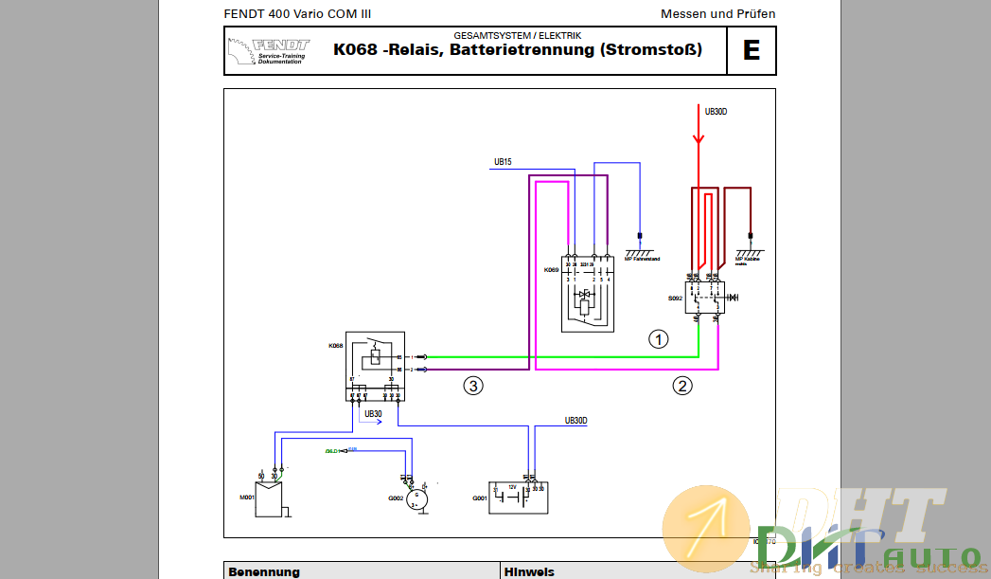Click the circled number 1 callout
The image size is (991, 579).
point(658,338)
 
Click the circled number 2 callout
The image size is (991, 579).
point(682,385)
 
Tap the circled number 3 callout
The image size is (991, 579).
point(473,385)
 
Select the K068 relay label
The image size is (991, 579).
point(336,346)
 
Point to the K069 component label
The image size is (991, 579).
point(551,270)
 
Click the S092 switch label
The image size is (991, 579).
point(675,299)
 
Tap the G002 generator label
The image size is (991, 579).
point(396,498)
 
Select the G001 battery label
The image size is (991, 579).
point(480,498)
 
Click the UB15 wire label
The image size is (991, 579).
point(503,162)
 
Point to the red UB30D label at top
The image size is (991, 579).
point(717,112)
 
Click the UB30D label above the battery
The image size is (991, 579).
point(575,420)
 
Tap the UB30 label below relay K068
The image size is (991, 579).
point(373,414)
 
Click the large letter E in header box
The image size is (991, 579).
point(752,50)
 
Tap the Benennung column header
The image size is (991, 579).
point(263,571)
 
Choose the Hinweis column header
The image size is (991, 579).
point(529,571)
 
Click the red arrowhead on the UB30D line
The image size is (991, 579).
point(699,139)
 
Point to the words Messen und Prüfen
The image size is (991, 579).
point(717,13)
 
